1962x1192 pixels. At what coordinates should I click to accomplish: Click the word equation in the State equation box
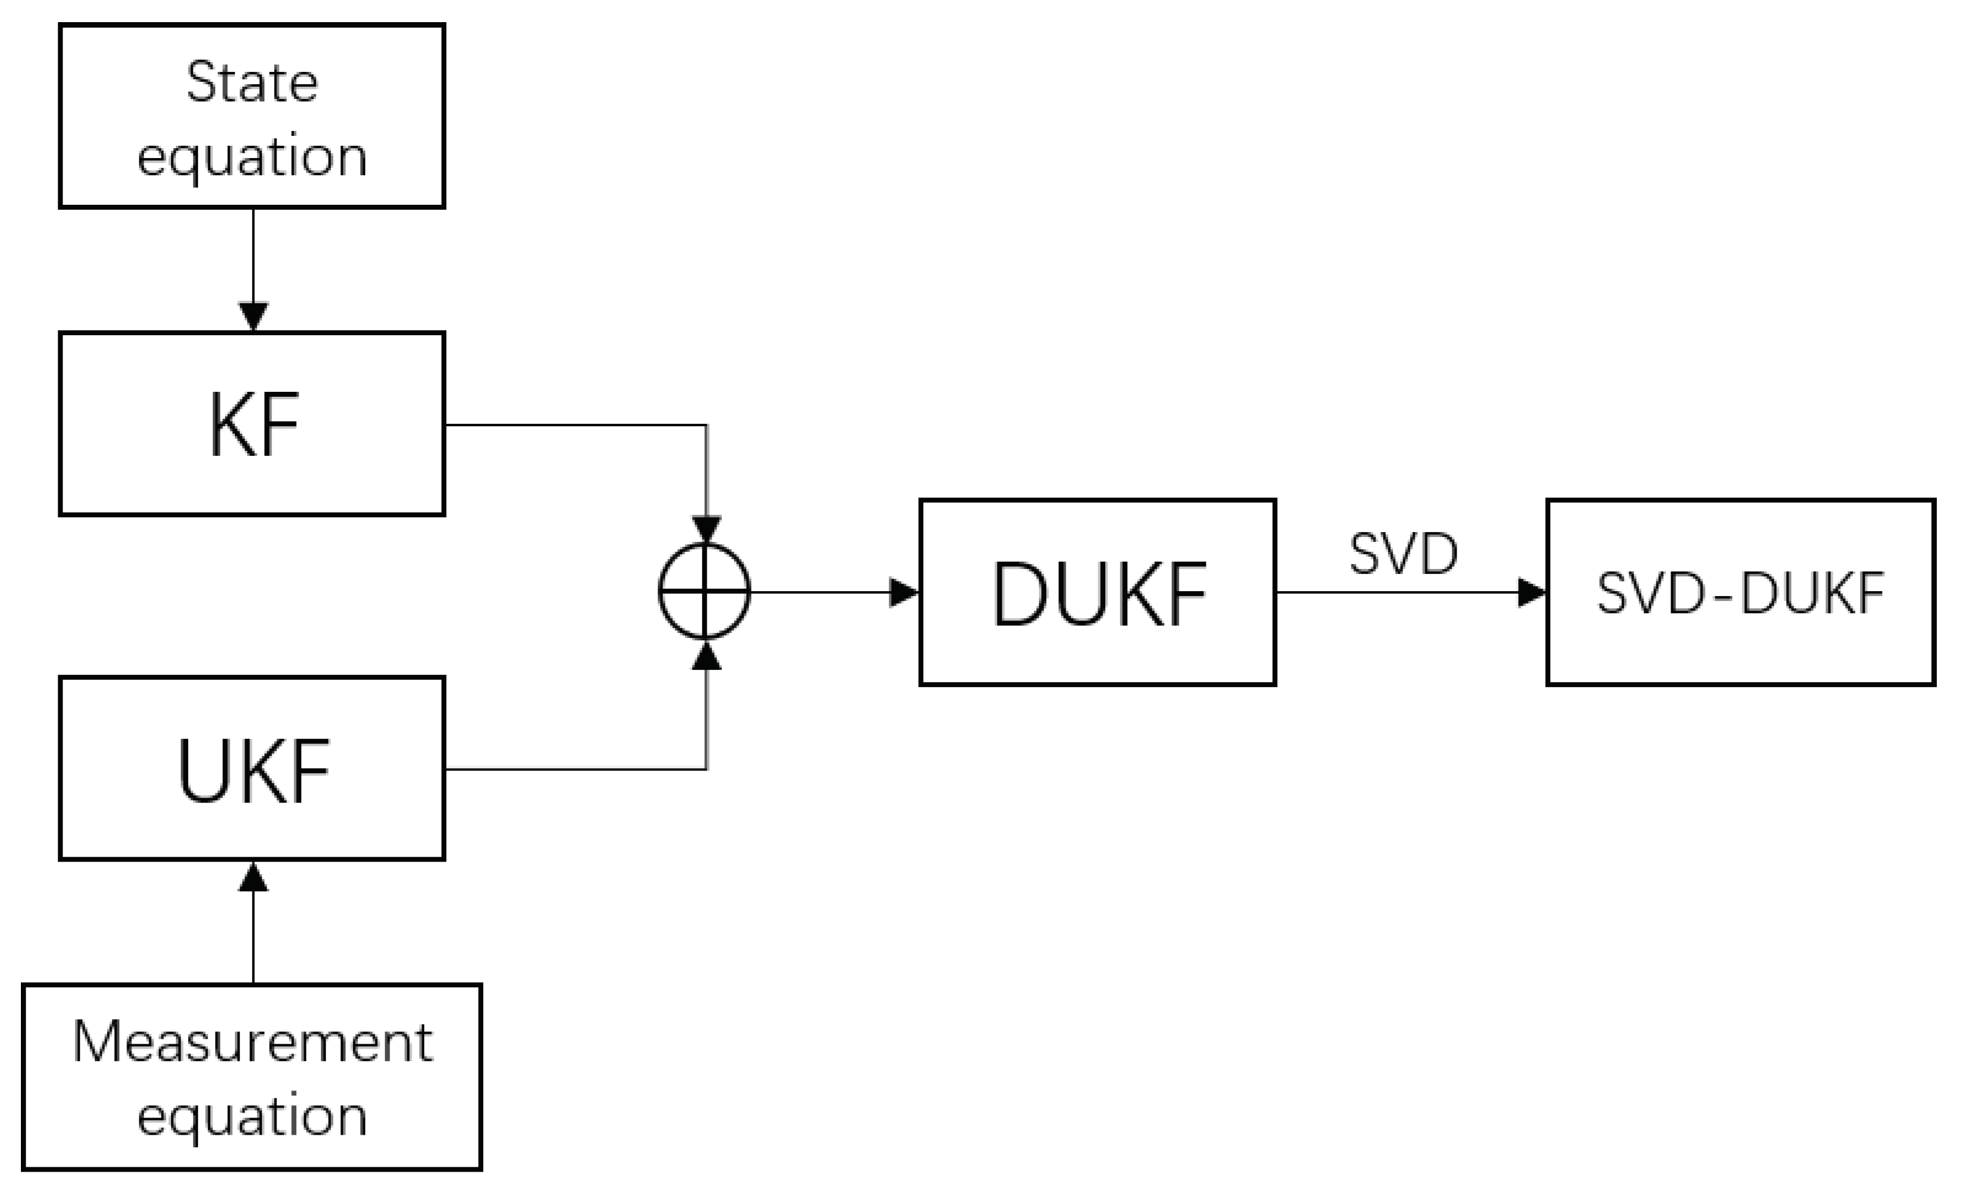point(251,157)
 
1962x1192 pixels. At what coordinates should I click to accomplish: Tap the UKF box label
point(253,771)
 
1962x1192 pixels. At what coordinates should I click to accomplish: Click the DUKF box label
point(1099,594)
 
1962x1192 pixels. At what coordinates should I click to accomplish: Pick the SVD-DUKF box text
point(1741,594)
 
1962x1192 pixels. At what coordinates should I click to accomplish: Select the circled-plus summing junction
point(704,591)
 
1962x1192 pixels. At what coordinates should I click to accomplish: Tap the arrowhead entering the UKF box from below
point(253,876)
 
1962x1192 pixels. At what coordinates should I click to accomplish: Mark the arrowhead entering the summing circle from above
point(706,530)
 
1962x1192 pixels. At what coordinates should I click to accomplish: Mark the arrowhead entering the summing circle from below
point(706,656)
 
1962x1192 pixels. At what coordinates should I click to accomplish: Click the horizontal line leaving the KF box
point(573,424)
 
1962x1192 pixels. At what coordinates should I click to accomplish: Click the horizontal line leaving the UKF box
point(573,769)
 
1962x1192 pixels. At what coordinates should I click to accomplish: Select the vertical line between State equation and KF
point(253,255)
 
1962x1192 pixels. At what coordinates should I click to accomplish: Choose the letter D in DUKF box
point(1018,594)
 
